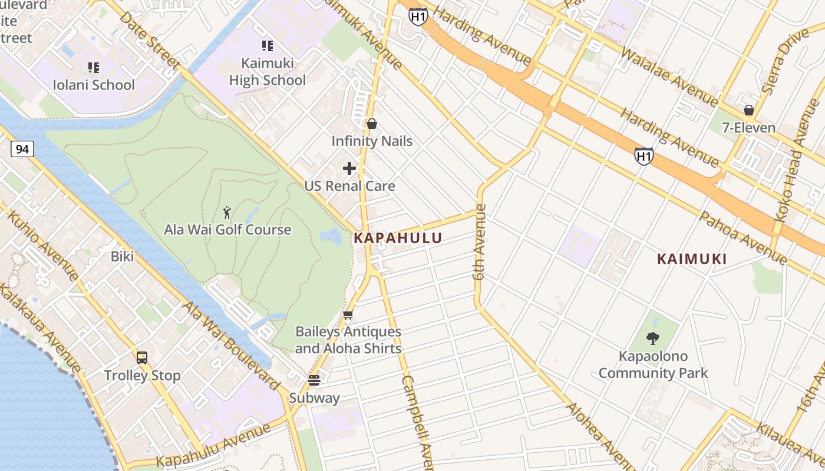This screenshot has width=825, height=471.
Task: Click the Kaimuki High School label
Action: pos(268,71)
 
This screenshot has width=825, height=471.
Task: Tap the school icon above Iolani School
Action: pos(93,68)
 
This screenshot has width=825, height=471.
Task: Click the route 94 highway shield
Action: pos(22,149)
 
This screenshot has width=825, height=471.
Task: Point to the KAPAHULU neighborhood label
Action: pos(398,238)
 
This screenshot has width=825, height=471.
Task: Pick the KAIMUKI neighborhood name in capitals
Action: pos(692,258)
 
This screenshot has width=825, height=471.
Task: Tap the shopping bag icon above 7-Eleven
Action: pos(748,110)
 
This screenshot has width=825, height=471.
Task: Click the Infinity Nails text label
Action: pos(372,141)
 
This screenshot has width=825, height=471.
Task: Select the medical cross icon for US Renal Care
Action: pos(349,168)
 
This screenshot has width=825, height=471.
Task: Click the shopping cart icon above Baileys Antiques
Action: pos(348,315)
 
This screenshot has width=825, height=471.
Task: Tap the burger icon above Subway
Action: pos(314,380)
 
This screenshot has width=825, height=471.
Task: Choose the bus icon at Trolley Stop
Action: pos(142,357)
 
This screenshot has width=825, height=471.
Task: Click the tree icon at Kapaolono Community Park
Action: pos(652,339)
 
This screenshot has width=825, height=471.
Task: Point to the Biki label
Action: pos(122,256)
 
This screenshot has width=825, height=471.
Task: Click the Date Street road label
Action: pos(150,38)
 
